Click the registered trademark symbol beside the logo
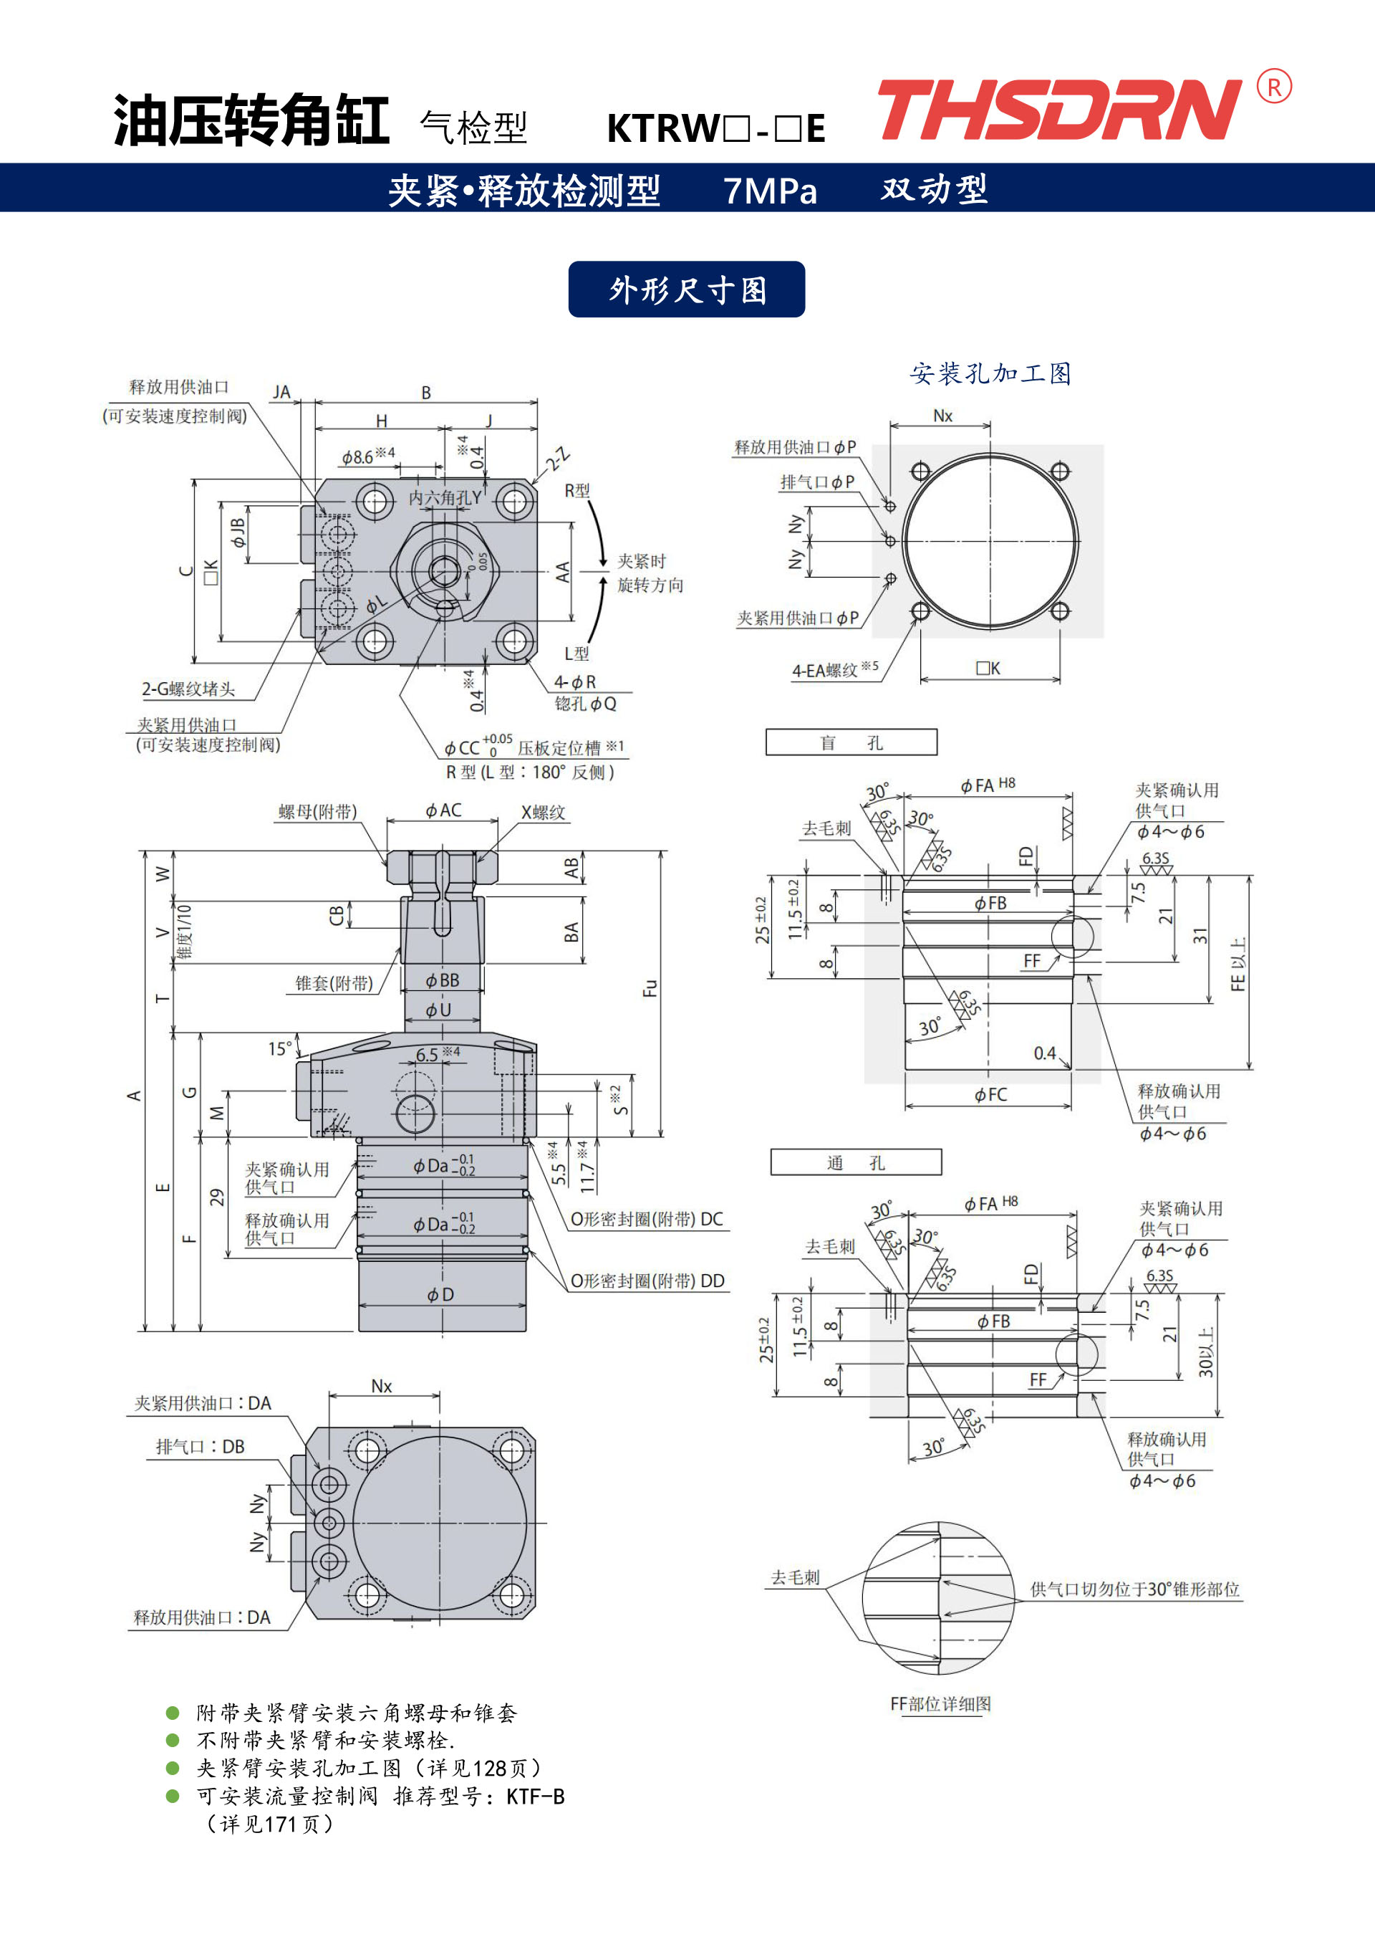[x=1274, y=87]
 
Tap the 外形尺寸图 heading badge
[x=687, y=290]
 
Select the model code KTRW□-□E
[x=716, y=129]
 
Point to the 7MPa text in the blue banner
[x=770, y=190]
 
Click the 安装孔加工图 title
[x=990, y=373]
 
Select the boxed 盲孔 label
[x=851, y=742]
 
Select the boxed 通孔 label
[x=855, y=1162]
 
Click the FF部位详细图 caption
[x=940, y=1703]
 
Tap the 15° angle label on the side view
[x=280, y=1048]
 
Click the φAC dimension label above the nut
[x=443, y=810]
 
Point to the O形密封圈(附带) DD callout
[x=647, y=1281]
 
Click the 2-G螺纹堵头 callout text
[x=188, y=689]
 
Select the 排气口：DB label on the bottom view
[x=200, y=1447]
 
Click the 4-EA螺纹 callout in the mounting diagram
[x=835, y=669]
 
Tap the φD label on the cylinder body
[x=441, y=1294]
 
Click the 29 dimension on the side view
[x=217, y=1197]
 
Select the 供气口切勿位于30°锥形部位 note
[x=1135, y=1589]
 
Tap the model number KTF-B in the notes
[x=535, y=1796]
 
